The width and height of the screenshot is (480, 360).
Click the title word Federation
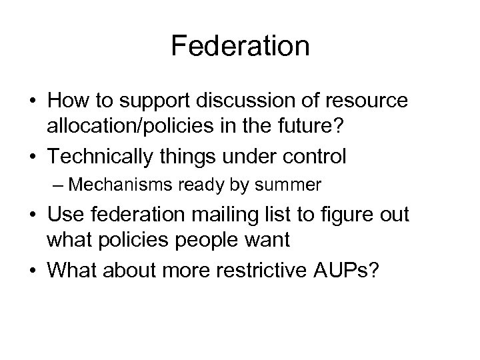pyautogui.click(x=240, y=47)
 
